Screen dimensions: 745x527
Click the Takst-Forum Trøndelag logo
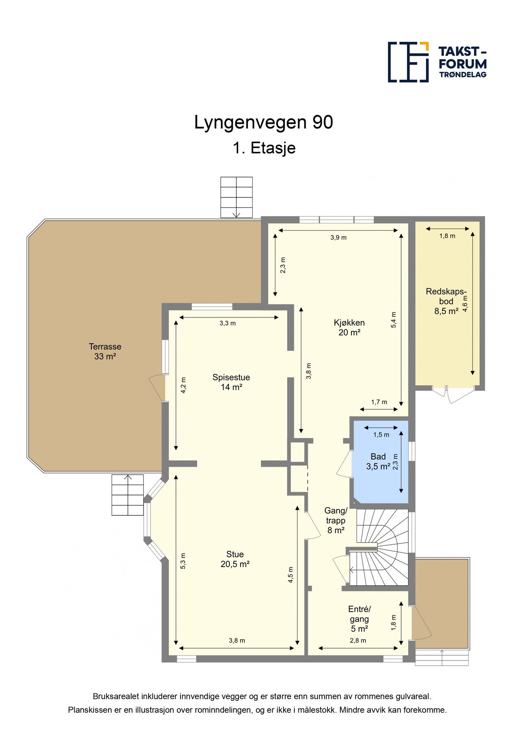point(437,62)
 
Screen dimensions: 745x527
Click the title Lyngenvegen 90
point(263,123)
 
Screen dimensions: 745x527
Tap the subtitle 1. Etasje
point(264,148)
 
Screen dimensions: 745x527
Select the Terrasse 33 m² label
point(105,351)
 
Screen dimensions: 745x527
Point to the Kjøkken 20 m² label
point(349,327)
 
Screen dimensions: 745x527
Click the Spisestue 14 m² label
point(231,382)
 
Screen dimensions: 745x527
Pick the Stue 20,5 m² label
point(235,559)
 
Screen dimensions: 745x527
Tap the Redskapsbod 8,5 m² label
point(446,301)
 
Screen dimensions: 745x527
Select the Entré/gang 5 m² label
point(359,619)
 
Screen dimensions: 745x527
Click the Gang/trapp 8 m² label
point(336,520)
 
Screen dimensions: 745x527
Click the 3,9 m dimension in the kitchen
point(338,238)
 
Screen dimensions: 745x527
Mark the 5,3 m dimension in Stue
point(183,561)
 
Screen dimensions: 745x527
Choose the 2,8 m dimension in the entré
point(358,640)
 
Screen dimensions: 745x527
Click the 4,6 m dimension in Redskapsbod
point(465,304)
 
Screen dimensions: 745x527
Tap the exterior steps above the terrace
point(236,197)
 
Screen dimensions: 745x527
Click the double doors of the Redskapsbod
point(453,393)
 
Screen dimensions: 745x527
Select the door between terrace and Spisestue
point(158,387)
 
